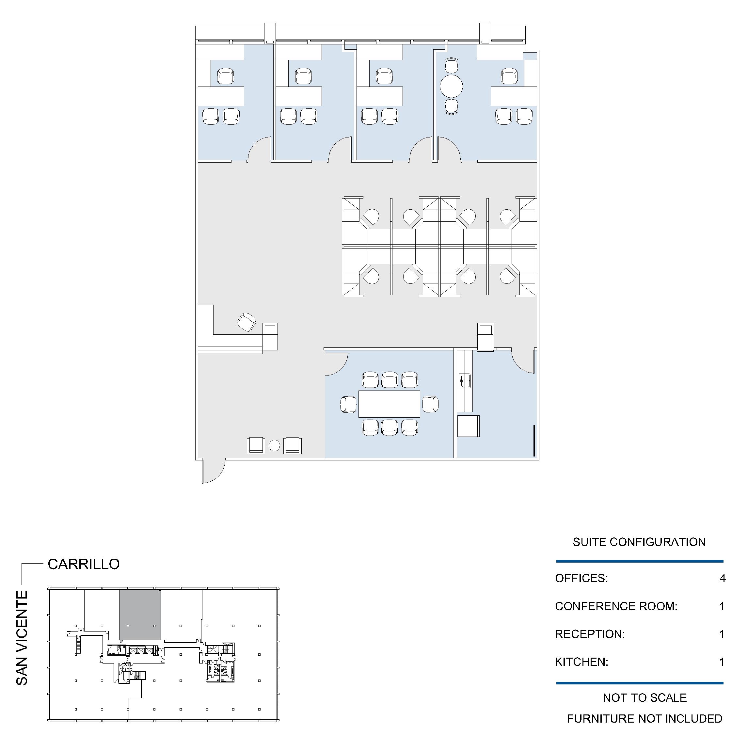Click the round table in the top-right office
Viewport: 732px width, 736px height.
451,86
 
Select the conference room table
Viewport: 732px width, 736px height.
389,404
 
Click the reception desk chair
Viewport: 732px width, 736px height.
247,322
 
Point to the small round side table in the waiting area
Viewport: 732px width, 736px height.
274,445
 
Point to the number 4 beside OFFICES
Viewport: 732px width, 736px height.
723,578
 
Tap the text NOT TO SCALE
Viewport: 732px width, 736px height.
645,697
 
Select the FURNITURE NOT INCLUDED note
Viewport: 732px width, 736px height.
645,718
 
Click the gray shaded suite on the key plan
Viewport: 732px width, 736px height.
140,615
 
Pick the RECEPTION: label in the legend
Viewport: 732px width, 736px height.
590,634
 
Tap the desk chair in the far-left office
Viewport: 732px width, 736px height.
226,76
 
